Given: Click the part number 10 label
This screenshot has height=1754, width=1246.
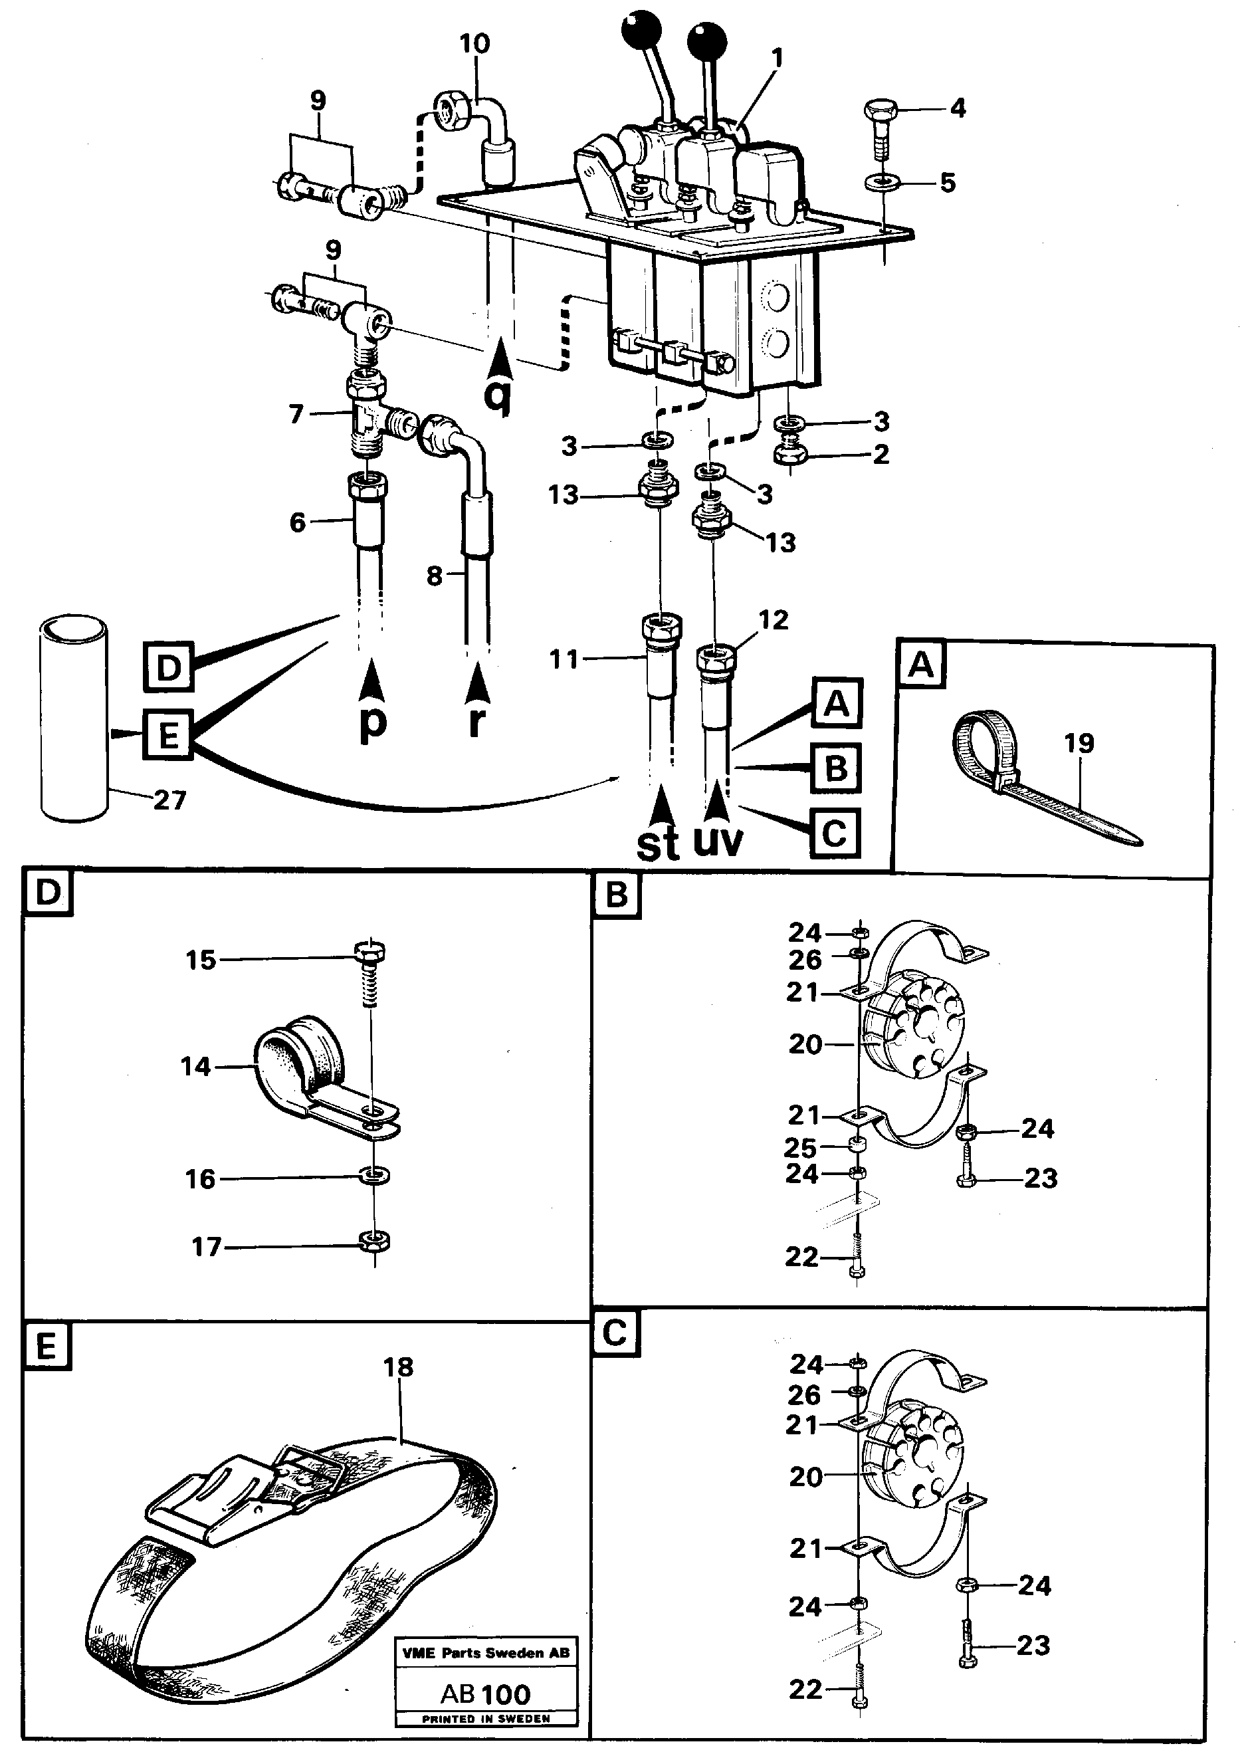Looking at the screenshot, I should pos(474,44).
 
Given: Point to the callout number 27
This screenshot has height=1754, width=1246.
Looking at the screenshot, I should pos(169,800).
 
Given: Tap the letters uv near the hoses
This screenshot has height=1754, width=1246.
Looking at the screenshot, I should pos(718,840).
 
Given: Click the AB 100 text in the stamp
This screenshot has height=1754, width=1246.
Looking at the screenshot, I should pos(486,1694).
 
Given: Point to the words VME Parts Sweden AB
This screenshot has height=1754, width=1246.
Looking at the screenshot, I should pos(486,1653).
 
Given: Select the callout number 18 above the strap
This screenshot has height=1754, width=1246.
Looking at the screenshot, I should pos(397,1367).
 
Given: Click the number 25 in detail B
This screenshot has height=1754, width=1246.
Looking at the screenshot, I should pos(799,1148).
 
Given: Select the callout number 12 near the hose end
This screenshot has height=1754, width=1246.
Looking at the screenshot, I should pos(773,620).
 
